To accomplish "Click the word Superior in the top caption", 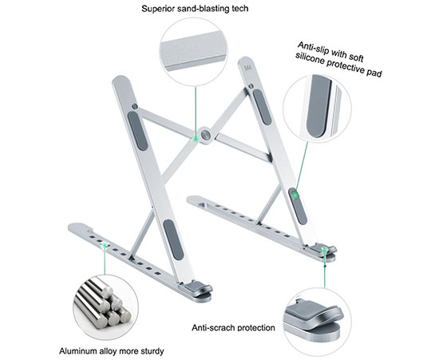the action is pos(158,9).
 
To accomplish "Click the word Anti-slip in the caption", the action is pos(313,48).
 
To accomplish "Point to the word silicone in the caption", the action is pos(310,59).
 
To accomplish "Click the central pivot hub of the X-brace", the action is pos(206,135).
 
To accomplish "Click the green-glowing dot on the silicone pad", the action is pos(295,195).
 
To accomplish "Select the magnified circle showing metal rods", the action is pos(105,307).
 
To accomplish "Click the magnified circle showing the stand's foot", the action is pos(317,322).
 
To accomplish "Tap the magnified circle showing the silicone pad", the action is pos(317,109).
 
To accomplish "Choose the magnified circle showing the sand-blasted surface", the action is pos(193,53).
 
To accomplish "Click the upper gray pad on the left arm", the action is pos(137,131).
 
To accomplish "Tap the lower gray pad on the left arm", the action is pos(173,239).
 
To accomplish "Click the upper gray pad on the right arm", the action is pos(262,106).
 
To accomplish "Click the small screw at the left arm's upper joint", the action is pos(135,106).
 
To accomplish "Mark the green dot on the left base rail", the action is pos(105,246).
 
